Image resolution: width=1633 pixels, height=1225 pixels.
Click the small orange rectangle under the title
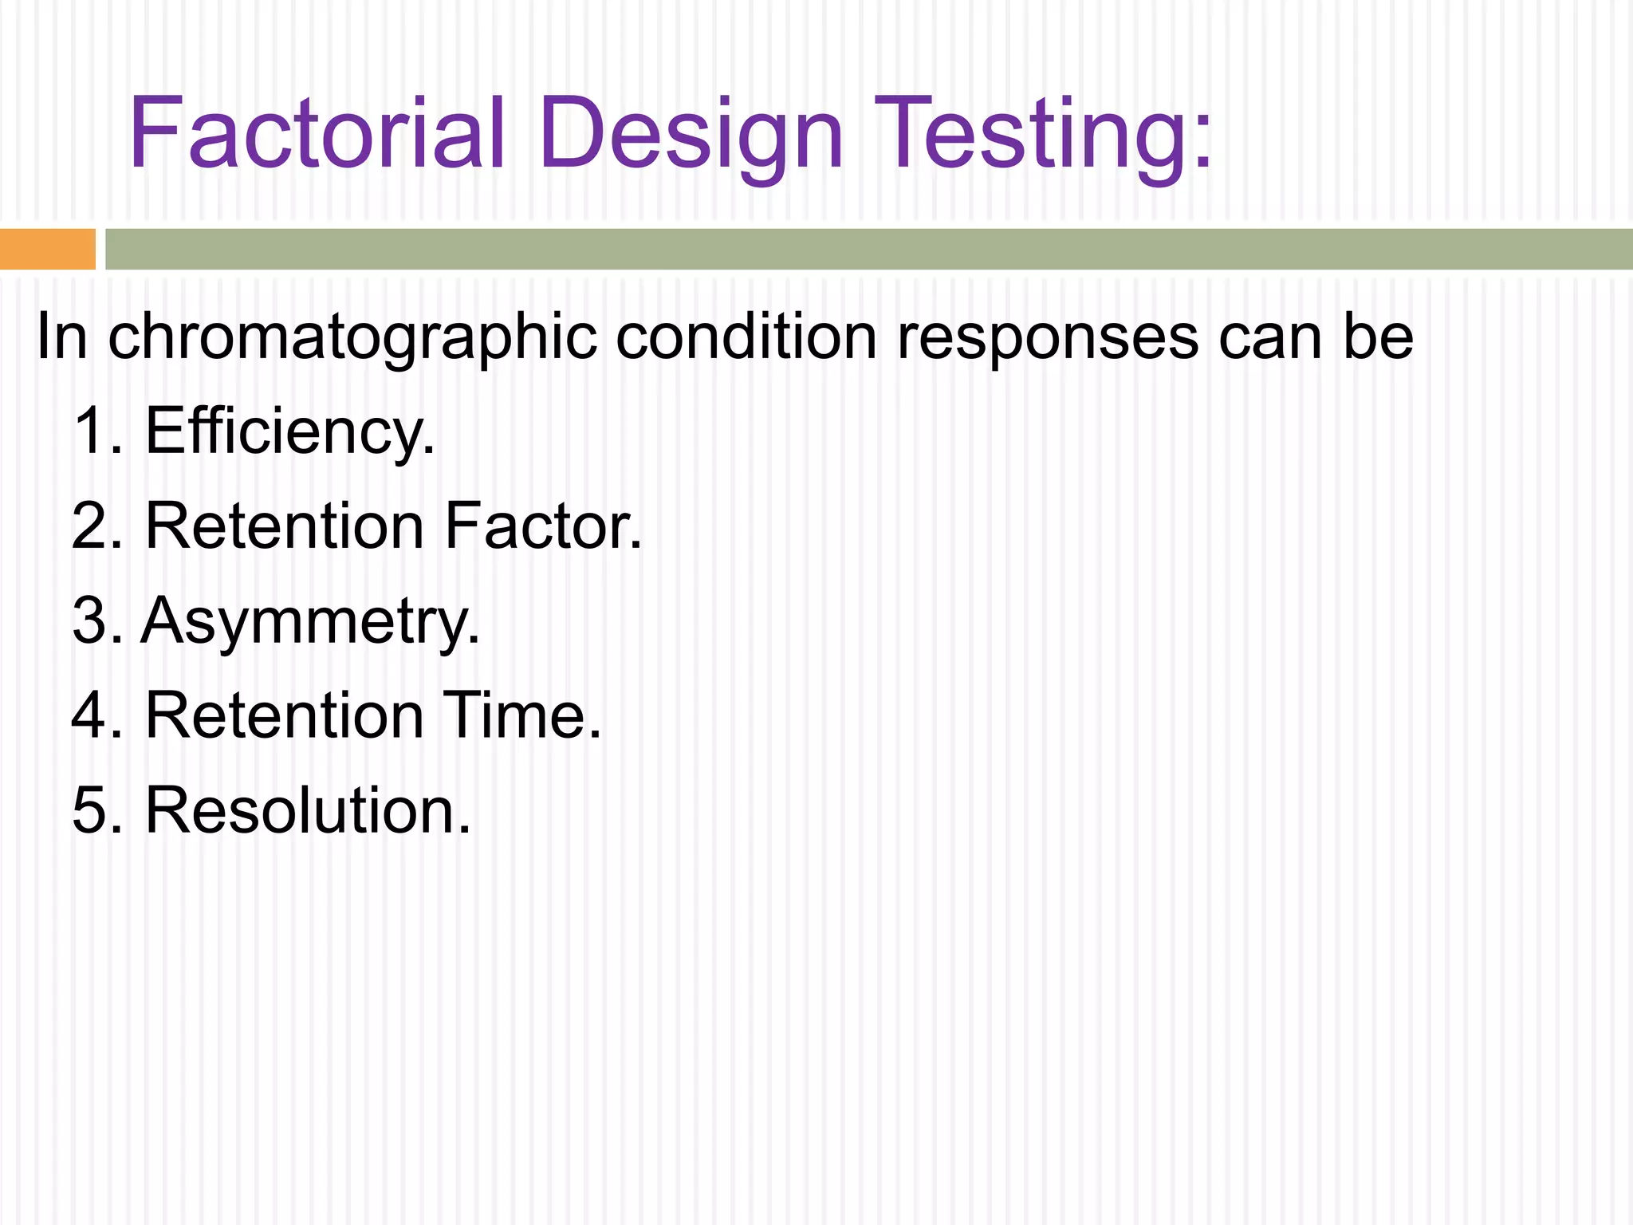click(47, 249)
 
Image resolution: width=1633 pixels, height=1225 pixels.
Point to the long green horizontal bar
click(869, 249)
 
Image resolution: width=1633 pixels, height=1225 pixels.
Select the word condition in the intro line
click(746, 336)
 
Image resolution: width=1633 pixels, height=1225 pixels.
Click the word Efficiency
click(290, 432)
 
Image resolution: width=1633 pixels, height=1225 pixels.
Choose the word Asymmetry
click(310, 622)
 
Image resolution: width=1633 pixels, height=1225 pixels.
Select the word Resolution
click(308, 810)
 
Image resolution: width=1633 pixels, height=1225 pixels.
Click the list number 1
click(92, 431)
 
